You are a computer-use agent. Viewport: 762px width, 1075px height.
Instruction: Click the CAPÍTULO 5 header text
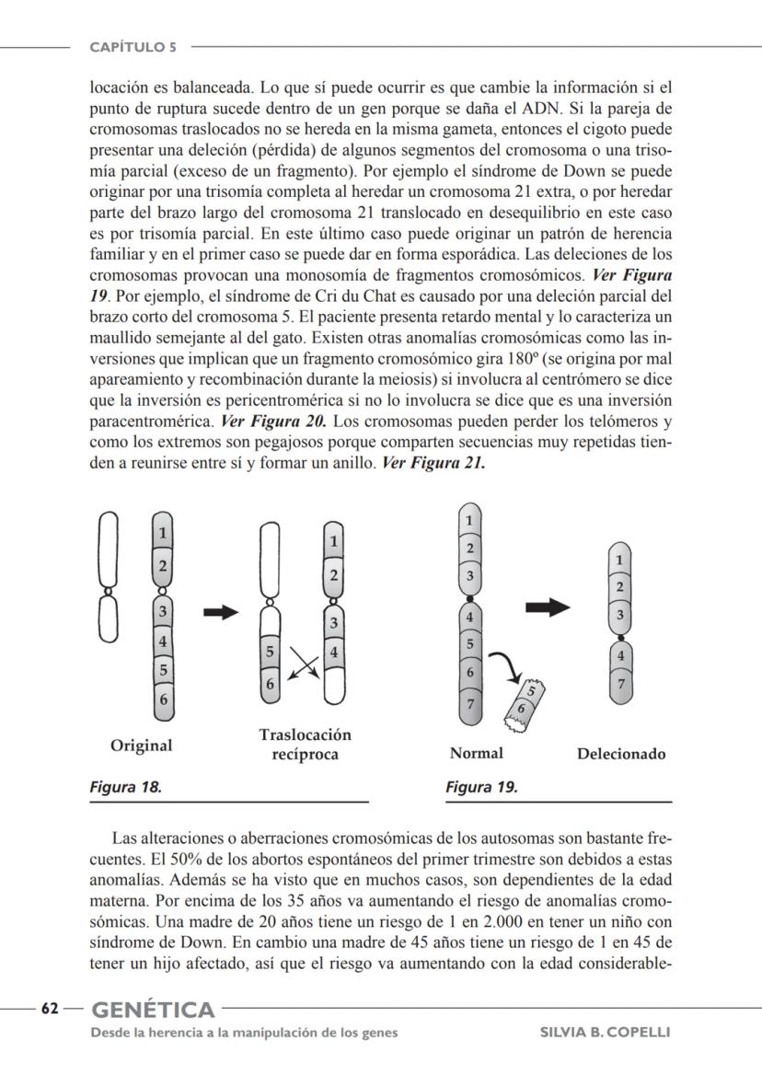(x=133, y=46)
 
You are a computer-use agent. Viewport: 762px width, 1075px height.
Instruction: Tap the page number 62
(x=49, y=1009)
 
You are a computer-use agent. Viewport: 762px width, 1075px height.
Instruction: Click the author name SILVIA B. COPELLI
(x=604, y=1032)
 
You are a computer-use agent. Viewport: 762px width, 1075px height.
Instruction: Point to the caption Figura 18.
(x=125, y=787)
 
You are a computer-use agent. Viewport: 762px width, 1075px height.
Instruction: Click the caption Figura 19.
(x=481, y=787)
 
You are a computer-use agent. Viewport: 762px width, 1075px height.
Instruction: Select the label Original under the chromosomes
(x=141, y=746)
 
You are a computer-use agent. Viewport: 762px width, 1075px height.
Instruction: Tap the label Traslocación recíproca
(x=305, y=745)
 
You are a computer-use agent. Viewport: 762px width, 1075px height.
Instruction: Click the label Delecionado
(x=621, y=754)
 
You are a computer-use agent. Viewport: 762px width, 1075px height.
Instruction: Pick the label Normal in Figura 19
(x=476, y=753)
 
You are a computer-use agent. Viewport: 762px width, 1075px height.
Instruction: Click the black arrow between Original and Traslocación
(x=221, y=612)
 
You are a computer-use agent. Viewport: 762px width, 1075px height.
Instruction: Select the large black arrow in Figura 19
(x=548, y=607)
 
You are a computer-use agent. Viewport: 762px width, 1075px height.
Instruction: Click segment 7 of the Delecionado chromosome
(x=621, y=684)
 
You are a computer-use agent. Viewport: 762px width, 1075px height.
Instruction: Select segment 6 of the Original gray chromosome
(x=163, y=699)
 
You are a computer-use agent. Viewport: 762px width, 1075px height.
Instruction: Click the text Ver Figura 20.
(x=273, y=422)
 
